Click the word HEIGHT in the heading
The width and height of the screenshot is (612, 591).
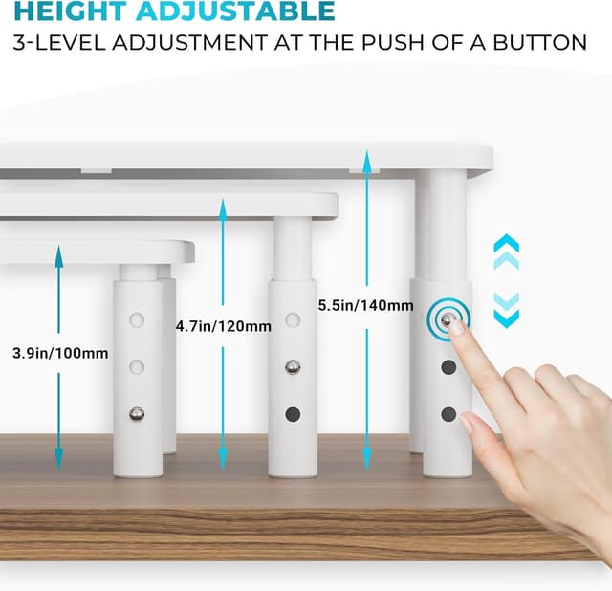click(71, 11)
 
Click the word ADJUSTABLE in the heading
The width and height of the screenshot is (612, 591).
click(235, 11)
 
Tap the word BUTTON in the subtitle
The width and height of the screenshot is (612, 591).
click(539, 42)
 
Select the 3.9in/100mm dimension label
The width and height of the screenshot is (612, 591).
click(60, 353)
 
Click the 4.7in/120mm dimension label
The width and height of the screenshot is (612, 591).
click(223, 326)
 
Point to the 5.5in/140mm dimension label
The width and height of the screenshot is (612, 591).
click(365, 305)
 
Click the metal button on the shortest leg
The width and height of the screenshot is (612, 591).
click(137, 414)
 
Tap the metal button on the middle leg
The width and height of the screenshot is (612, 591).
click(293, 367)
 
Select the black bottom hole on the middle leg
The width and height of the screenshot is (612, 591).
click(293, 414)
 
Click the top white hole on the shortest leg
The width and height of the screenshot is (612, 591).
click(137, 319)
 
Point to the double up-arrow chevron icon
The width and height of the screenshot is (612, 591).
click(506, 252)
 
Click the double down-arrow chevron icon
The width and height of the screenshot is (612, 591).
click(506, 311)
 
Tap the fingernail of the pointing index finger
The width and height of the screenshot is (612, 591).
click(457, 328)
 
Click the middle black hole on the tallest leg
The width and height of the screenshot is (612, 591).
click(448, 367)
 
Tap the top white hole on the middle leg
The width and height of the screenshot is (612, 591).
click(293, 319)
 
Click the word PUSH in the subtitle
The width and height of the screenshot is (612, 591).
click(393, 42)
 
